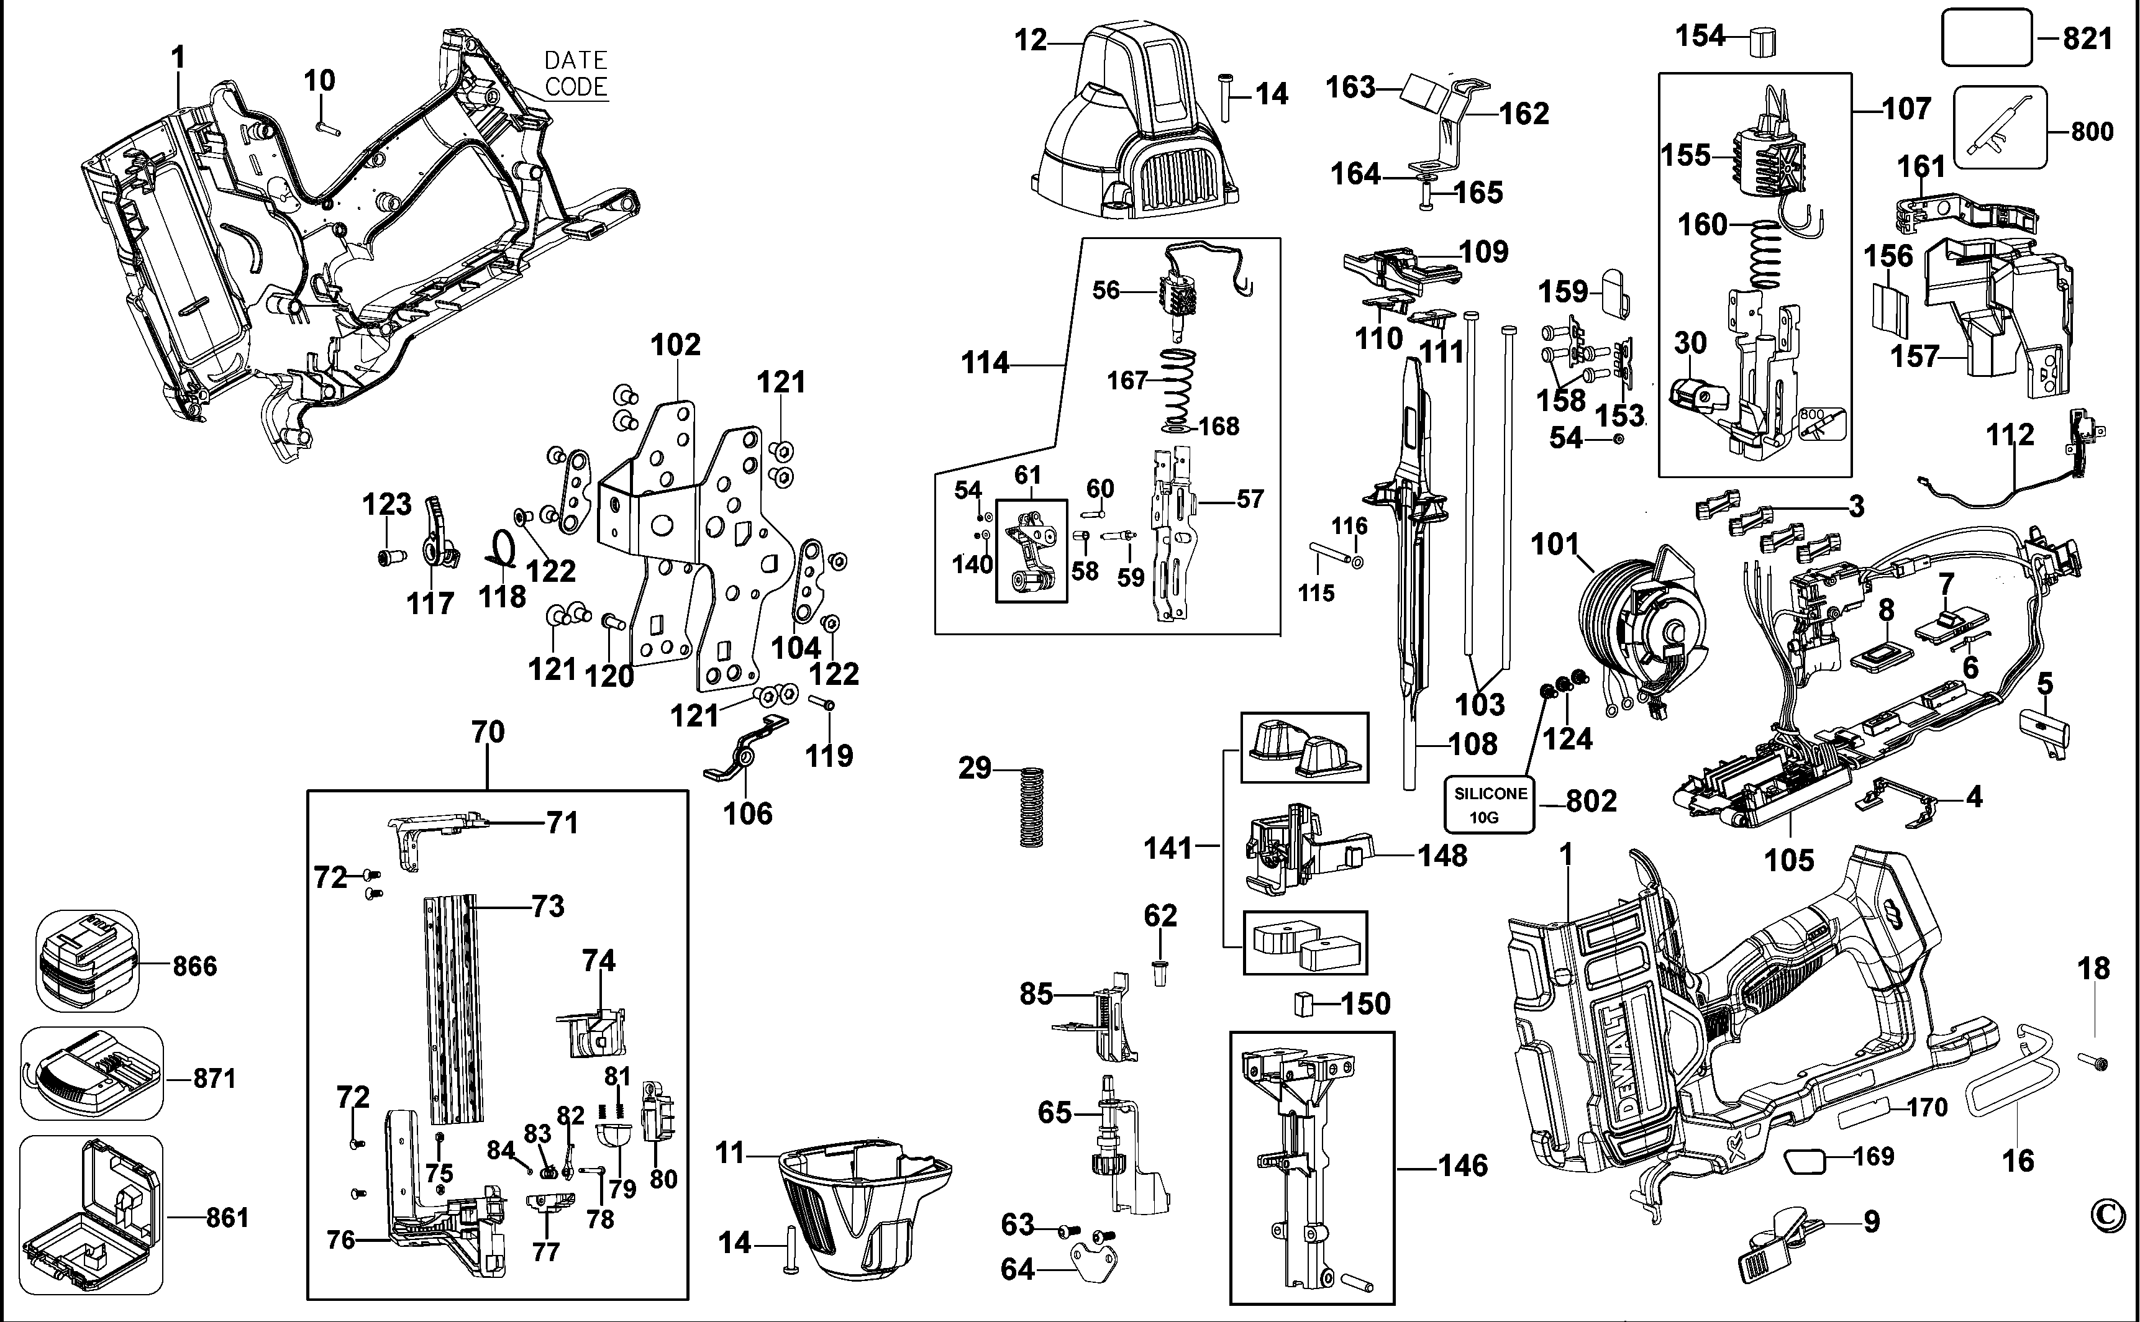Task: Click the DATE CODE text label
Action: [x=575, y=73]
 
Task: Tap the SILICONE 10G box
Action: [x=1490, y=804]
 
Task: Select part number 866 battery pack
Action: [x=86, y=961]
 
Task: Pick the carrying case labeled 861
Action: [x=90, y=1215]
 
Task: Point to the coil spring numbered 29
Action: [x=1032, y=806]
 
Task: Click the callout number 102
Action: [x=675, y=345]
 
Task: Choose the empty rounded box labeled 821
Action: [x=1986, y=38]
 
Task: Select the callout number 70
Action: [x=488, y=732]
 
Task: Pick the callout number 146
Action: [x=1463, y=1166]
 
